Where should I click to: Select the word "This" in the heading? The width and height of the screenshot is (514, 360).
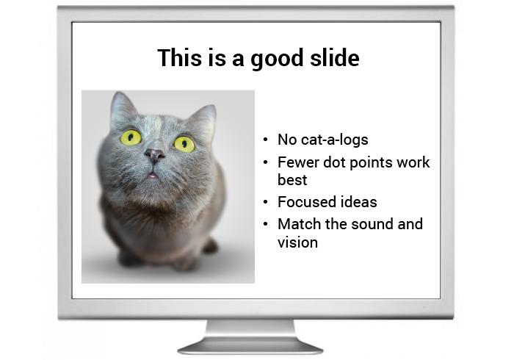(179, 57)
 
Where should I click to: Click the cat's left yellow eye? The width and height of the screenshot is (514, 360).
(131, 137)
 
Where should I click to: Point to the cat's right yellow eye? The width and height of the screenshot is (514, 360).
(184, 144)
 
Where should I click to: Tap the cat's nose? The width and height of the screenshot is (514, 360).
(154, 154)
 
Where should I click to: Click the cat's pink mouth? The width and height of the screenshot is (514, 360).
(152, 176)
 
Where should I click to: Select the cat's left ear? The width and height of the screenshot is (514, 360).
(122, 108)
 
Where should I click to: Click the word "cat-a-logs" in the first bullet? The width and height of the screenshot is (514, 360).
(334, 140)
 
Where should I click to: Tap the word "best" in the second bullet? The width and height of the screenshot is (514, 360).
(292, 180)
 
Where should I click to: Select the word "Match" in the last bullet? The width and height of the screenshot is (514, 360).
(300, 224)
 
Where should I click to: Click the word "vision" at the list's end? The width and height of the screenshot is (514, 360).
(297, 242)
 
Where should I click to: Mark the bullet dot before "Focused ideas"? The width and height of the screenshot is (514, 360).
(266, 202)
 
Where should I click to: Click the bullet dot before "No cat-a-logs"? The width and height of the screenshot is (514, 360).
(266, 140)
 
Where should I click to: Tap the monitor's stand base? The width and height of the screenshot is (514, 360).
(250, 346)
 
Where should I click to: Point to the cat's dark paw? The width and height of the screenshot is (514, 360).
(210, 246)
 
